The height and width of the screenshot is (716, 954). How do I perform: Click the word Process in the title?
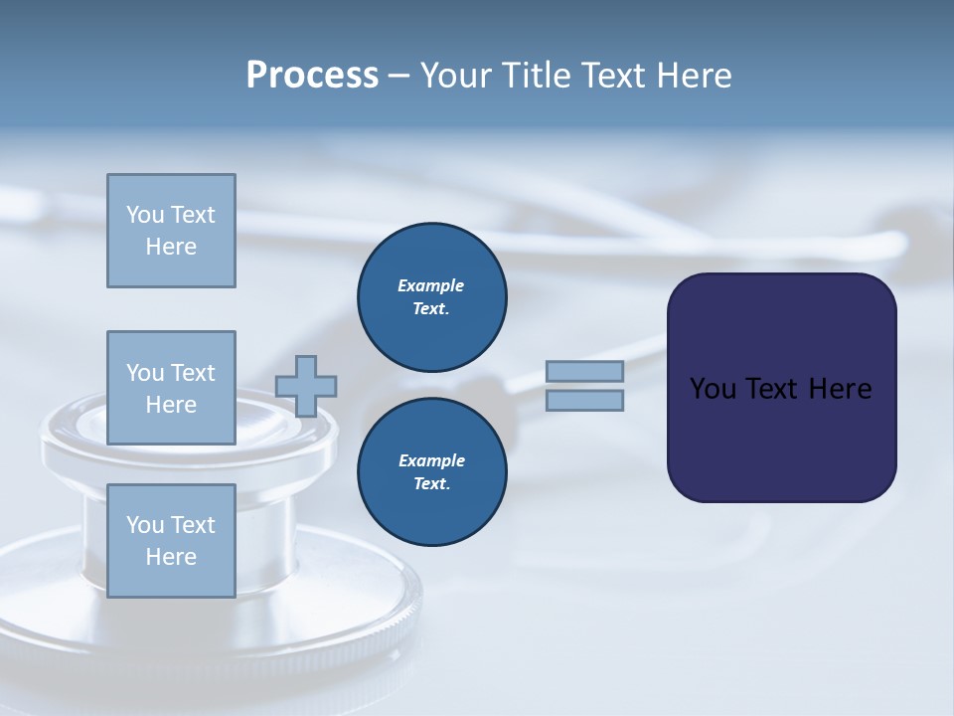click(312, 76)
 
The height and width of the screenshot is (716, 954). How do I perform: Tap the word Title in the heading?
click(534, 76)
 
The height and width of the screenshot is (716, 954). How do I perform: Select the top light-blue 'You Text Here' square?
click(171, 231)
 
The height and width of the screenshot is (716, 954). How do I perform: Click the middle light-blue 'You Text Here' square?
click(171, 388)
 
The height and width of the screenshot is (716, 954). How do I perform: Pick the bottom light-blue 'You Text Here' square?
click(171, 541)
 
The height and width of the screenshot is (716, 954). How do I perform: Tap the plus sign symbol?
click(306, 386)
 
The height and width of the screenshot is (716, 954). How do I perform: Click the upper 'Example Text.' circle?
click(432, 297)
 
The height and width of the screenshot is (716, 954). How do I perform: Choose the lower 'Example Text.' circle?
click(432, 472)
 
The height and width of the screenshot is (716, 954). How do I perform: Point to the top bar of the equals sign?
click(585, 371)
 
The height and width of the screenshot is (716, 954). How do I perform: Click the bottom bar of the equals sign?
click(585, 401)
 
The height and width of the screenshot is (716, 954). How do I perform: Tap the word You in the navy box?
click(713, 389)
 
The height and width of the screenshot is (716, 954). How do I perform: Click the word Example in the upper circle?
click(431, 286)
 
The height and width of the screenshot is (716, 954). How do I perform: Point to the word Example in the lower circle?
click(431, 461)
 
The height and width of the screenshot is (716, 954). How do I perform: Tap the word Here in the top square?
click(171, 247)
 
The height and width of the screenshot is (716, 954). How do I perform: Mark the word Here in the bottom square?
click(171, 557)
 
